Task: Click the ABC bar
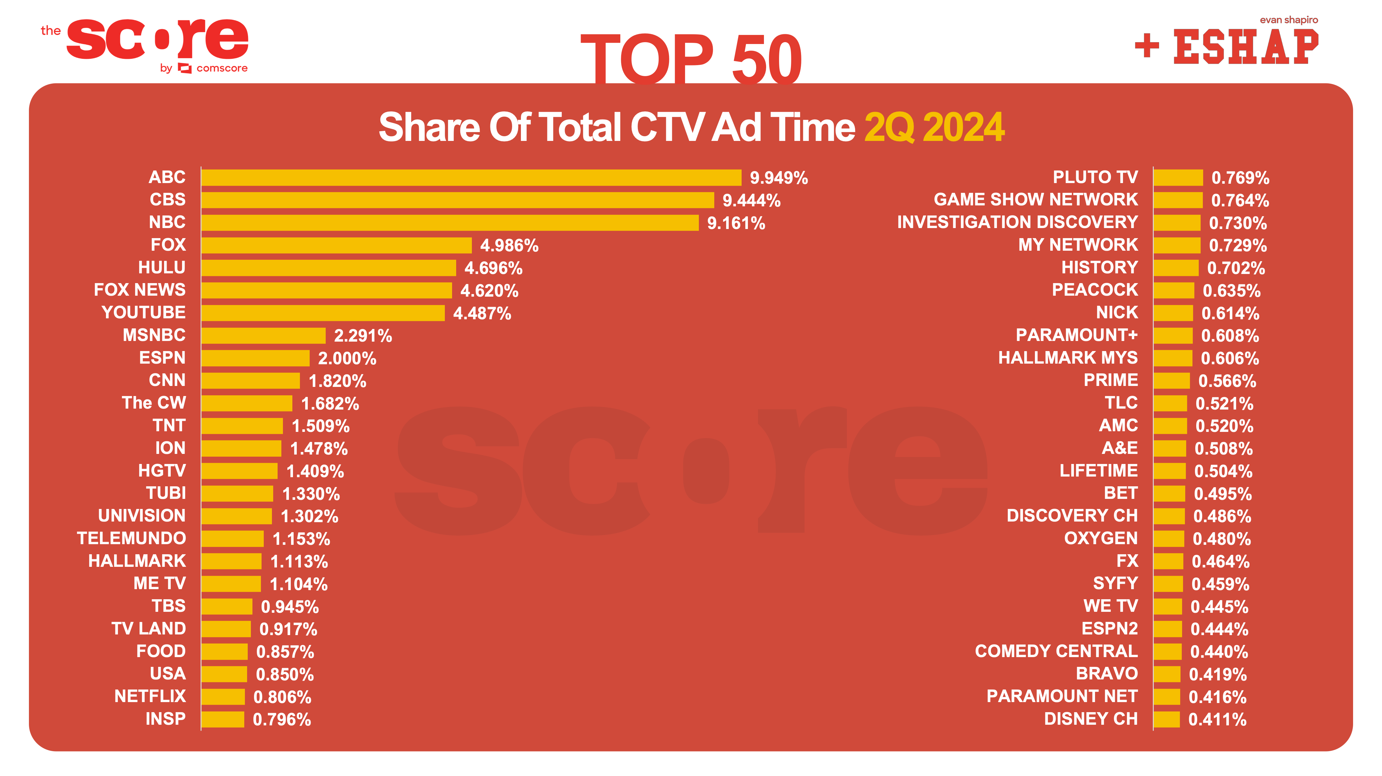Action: [x=471, y=178]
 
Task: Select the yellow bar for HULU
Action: [x=328, y=268]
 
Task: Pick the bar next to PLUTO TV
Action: [x=1178, y=178]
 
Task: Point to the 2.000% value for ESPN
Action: [x=347, y=359]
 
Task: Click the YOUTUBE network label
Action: [x=144, y=312]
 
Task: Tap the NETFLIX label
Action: [x=150, y=696]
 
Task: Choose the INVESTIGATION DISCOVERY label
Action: [x=1017, y=222]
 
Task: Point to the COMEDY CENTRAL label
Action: [x=1056, y=651]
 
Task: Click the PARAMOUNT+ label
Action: [x=1076, y=335]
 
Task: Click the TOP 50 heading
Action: [x=691, y=58]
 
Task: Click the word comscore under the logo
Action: [x=222, y=69]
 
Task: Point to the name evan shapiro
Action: [x=1289, y=20]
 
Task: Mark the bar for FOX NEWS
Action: [x=326, y=290]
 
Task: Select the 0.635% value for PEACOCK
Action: [x=1231, y=291]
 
